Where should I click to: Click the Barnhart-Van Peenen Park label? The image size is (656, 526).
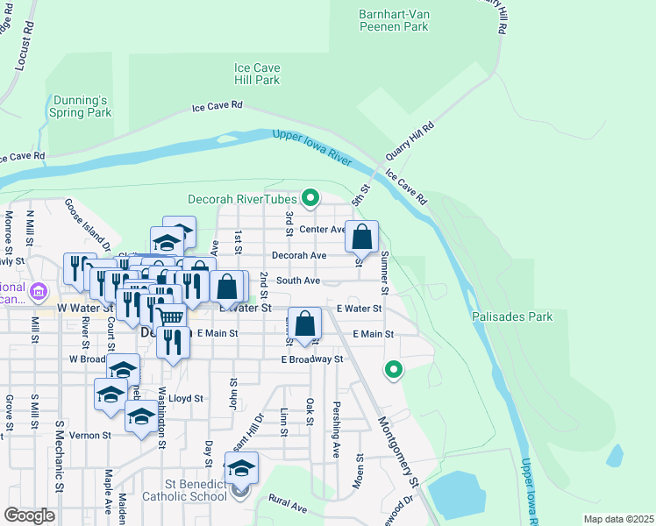pos(393,20)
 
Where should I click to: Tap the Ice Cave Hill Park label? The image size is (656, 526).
pos(256,74)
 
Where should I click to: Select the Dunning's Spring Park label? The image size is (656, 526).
pos(81,106)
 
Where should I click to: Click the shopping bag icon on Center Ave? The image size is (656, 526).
pos(361,237)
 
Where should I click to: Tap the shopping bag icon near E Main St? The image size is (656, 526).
pos(305,323)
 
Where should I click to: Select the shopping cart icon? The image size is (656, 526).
pos(171,317)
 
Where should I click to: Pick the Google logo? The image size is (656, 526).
pos(30,515)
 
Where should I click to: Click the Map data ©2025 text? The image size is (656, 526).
pos(617,519)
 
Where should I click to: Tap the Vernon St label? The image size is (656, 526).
pos(92,435)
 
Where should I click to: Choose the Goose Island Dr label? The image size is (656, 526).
pos(86,224)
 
